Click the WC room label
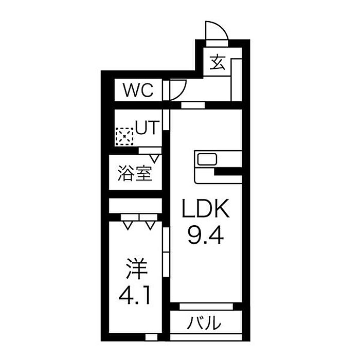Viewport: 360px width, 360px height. coord(138,90)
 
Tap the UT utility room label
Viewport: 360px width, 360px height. coord(147,127)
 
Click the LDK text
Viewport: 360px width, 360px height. coord(206,208)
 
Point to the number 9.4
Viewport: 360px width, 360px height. coord(206,235)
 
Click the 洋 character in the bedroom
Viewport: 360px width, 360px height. coord(136,268)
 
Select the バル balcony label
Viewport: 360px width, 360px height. coord(204,322)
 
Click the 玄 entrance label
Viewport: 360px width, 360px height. coord(218,62)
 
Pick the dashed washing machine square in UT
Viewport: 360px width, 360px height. coord(124,136)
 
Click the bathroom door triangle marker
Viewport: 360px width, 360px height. coord(154,158)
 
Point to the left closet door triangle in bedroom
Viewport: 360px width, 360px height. coord(128,225)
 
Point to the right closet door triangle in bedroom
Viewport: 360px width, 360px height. coord(150,225)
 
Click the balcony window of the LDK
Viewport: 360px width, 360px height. coord(206,307)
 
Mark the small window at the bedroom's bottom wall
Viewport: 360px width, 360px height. coord(151,337)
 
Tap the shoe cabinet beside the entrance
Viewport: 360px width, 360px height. coord(236,80)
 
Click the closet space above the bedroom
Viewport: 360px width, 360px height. coord(135,206)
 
